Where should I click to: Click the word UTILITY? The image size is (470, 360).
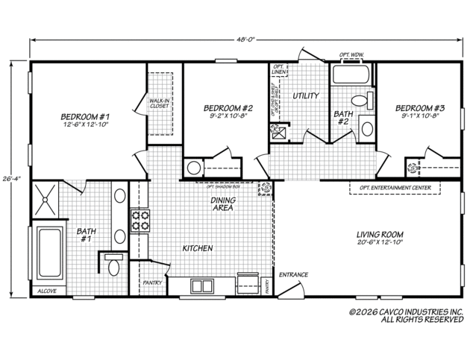coord(305,96)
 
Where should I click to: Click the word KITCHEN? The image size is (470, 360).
coord(198,248)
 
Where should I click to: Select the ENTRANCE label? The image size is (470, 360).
coord(293,274)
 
